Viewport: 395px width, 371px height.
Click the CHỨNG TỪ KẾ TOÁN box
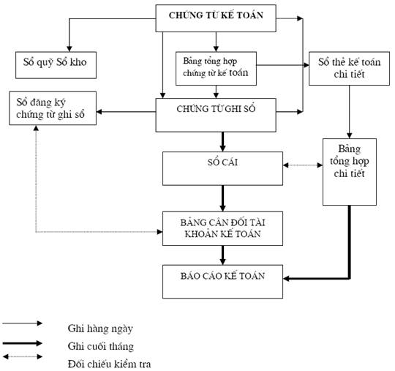216,18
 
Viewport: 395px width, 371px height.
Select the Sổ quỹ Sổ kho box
56,65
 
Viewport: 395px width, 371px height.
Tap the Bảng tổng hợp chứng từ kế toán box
216,69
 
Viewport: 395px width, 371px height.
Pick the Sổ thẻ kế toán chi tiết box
349,69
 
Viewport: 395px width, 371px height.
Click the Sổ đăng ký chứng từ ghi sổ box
53,108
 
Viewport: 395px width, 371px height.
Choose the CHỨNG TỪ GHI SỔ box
216,115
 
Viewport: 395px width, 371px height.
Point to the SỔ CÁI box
222,168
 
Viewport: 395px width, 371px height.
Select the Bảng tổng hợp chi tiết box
350,172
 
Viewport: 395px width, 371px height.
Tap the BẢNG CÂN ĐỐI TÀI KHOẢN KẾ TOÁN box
222,228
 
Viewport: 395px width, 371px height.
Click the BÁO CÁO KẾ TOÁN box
222,282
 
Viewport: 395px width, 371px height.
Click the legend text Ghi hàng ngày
100,329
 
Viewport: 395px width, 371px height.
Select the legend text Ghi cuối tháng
101,347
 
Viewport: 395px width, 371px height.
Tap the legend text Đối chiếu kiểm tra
109,364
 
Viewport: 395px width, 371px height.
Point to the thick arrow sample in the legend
23,343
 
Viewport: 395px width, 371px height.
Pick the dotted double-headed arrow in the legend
23,356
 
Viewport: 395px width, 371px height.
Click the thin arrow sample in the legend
23,323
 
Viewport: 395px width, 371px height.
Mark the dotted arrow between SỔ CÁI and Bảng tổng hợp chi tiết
303,165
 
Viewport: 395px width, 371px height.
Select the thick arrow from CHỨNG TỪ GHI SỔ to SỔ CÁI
222,142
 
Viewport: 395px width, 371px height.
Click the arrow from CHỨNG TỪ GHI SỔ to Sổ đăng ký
126,112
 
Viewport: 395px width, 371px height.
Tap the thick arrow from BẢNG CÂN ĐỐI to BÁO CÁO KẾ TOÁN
222,255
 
